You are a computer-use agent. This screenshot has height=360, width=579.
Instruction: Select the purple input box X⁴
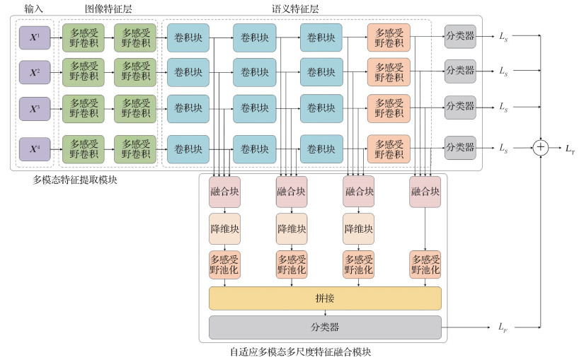point(34,149)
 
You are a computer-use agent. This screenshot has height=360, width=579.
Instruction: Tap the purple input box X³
point(34,110)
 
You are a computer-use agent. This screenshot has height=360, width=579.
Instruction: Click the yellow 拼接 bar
point(325,298)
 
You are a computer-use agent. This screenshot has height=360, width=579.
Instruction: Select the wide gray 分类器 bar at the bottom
point(325,327)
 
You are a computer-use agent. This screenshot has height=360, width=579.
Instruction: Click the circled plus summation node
point(541,147)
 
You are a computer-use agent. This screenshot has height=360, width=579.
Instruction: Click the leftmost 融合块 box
point(224,192)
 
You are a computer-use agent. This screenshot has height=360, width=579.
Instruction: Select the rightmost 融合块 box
point(425,192)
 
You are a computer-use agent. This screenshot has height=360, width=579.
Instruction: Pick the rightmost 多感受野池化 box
point(425,264)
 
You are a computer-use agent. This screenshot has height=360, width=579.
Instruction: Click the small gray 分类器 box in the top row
point(460,35)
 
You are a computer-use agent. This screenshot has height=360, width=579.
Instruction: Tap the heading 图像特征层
point(108,8)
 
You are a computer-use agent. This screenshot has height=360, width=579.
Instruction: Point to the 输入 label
point(34,8)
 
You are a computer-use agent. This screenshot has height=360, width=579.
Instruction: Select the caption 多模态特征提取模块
point(75,180)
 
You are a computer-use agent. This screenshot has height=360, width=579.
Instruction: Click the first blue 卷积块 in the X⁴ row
point(188,149)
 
